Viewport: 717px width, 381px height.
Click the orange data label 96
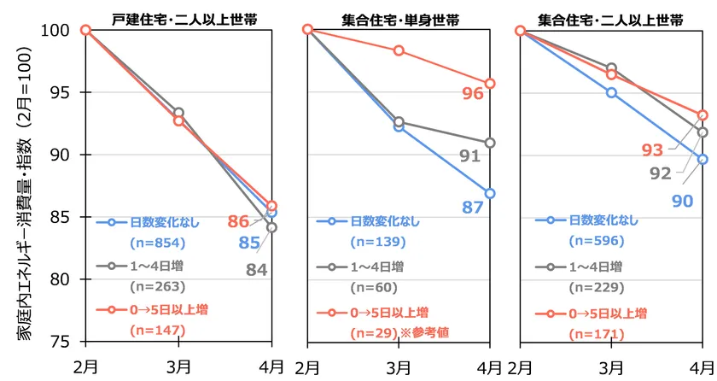[473, 95]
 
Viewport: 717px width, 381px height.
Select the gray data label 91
[471, 156]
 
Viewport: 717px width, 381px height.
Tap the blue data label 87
[473, 208]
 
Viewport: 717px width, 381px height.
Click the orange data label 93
[653, 151]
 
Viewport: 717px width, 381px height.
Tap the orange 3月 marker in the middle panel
[399, 50]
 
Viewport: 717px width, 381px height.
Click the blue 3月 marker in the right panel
[611, 92]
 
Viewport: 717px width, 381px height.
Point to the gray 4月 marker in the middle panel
[490, 143]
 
